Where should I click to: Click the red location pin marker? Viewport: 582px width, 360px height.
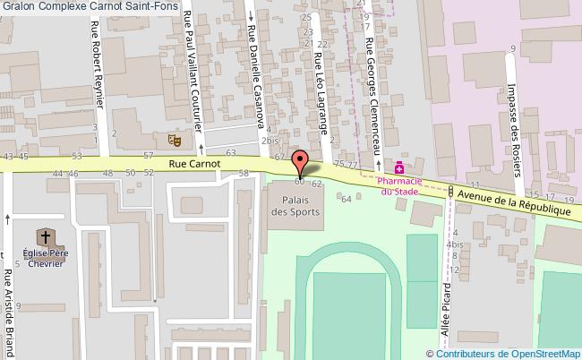[x=301, y=165]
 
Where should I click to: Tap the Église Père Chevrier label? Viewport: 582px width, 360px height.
[x=44, y=257]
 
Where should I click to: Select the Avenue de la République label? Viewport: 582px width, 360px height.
[x=511, y=202]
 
